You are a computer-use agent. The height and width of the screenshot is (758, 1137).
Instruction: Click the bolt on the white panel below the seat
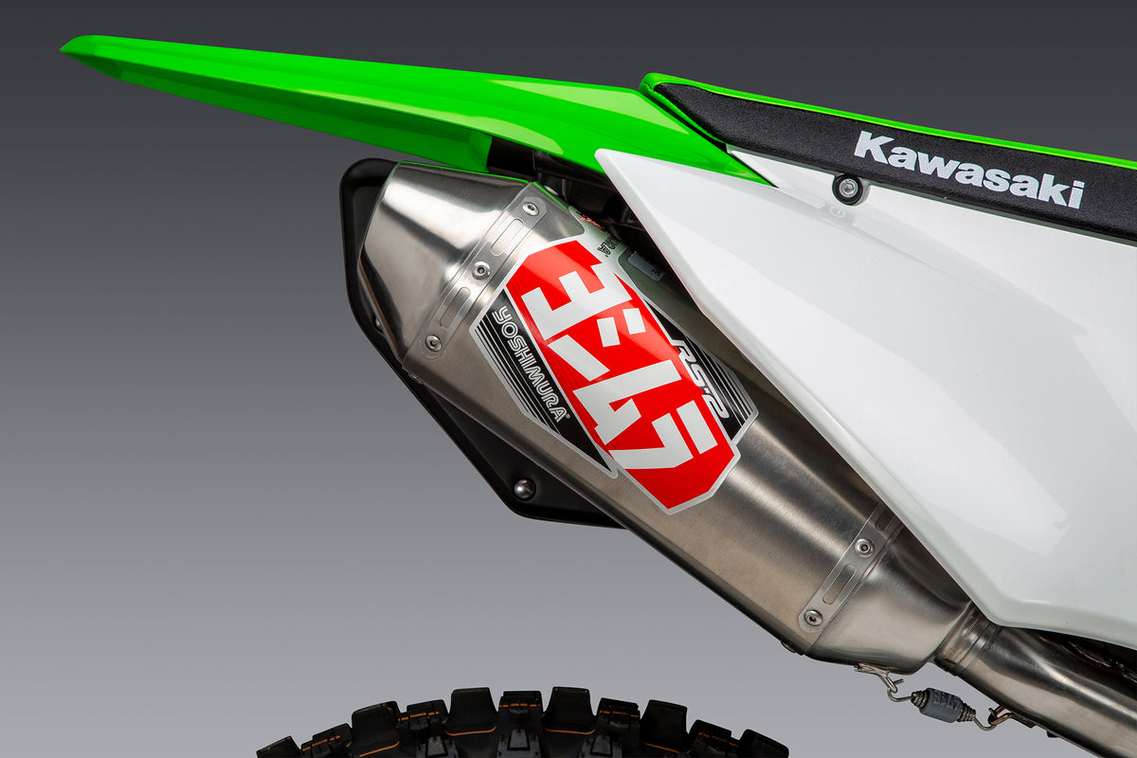(x=848, y=188)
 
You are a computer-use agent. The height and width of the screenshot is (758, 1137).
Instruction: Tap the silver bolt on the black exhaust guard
(x=523, y=489)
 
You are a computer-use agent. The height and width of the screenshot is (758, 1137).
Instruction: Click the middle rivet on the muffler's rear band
(x=481, y=270)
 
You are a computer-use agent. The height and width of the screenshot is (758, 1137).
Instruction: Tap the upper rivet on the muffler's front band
(x=863, y=547)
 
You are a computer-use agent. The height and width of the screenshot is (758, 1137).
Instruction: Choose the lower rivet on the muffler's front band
(x=812, y=618)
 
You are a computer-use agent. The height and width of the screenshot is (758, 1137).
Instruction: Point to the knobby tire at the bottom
(x=531, y=725)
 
